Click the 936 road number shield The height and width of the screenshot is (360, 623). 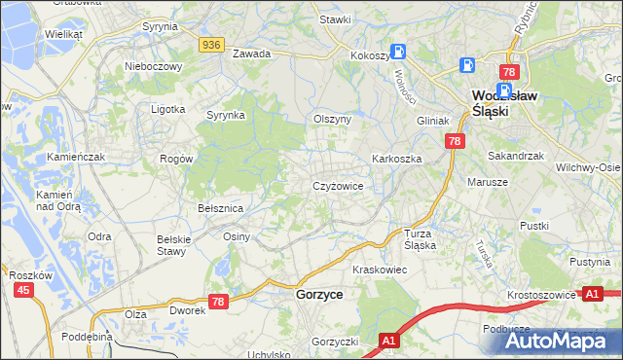(x=211, y=45)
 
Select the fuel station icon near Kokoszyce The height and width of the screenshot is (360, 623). (x=397, y=52)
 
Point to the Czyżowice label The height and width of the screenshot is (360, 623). (x=338, y=185)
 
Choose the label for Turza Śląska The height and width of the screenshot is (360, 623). (x=421, y=239)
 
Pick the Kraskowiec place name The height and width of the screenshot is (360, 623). (x=379, y=269)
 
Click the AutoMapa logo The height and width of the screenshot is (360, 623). (x=559, y=341)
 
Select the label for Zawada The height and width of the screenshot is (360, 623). (x=250, y=54)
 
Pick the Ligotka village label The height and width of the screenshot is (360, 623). (x=167, y=109)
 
